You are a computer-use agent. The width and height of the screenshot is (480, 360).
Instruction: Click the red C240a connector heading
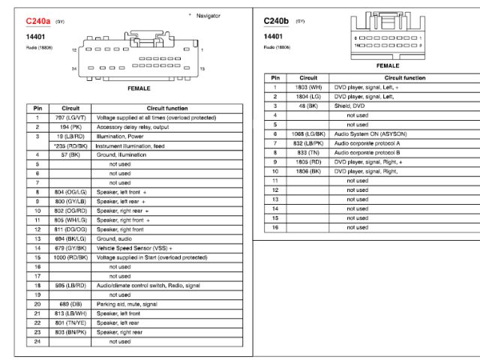[x=37, y=22]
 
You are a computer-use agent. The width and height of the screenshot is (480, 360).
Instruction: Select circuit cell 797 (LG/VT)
[x=70, y=118]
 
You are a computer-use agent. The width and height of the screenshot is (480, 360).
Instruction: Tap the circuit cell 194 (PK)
[x=70, y=127]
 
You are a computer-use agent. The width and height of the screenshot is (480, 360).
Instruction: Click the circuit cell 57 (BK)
[x=70, y=154]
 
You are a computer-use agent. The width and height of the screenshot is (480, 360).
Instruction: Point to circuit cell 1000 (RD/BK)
[x=70, y=257]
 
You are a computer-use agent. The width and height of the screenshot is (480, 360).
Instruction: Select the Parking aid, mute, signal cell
[x=127, y=304]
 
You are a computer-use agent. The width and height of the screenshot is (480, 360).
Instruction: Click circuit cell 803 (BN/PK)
[x=70, y=331]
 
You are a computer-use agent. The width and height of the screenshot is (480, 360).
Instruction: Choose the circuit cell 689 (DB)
[x=70, y=304]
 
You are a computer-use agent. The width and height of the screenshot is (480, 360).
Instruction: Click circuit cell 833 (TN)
[x=308, y=152]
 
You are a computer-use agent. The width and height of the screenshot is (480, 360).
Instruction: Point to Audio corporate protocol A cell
[x=367, y=142]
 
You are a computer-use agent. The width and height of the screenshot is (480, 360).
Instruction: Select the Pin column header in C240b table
[x=275, y=77]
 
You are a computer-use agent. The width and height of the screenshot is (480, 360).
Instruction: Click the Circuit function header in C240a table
[x=155, y=108]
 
